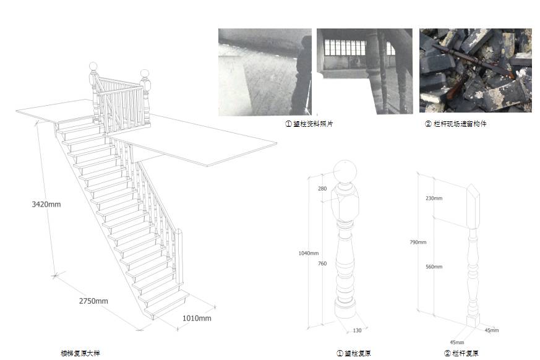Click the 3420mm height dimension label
point(46,204)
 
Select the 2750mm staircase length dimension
point(93,301)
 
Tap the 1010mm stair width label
point(197,319)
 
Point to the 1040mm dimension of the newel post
point(309,253)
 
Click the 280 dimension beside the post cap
point(322,188)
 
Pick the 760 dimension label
point(322,264)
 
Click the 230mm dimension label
point(434,199)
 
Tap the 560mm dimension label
point(434,267)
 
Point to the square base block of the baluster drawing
point(473,320)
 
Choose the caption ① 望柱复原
point(354,353)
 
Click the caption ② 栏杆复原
point(461,353)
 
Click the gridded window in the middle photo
point(345,47)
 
